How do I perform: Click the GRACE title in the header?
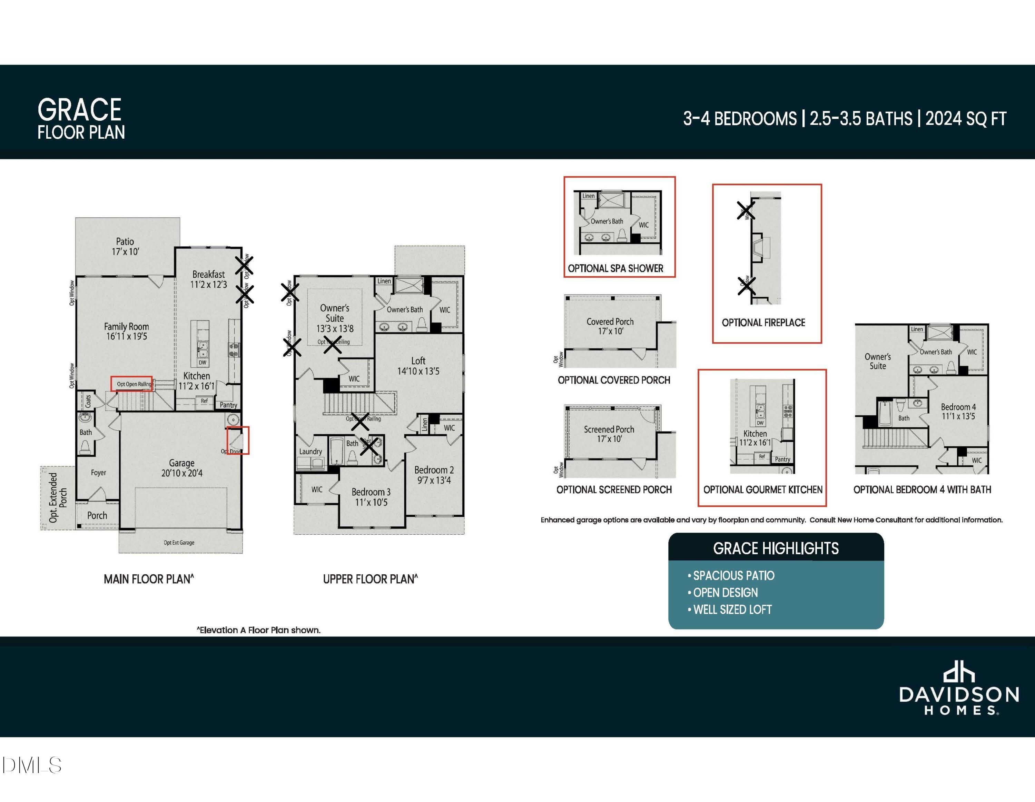(x=80, y=110)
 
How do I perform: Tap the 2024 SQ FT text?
(x=966, y=118)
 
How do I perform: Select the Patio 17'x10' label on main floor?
(x=125, y=246)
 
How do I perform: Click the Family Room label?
(x=127, y=331)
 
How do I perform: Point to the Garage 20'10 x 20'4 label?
(x=181, y=467)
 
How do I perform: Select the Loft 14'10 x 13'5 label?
(x=418, y=366)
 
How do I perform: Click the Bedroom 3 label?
(x=371, y=496)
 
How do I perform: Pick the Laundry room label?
(x=310, y=452)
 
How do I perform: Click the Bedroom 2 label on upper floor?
(x=434, y=475)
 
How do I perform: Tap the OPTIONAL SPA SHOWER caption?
(x=615, y=269)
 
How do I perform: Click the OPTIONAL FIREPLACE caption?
(x=763, y=323)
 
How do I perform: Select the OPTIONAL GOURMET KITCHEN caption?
(x=762, y=490)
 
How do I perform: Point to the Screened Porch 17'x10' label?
(x=609, y=434)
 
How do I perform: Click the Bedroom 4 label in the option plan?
(x=958, y=411)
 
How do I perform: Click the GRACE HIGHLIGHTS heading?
(x=776, y=548)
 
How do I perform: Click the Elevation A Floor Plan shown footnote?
(x=259, y=630)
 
